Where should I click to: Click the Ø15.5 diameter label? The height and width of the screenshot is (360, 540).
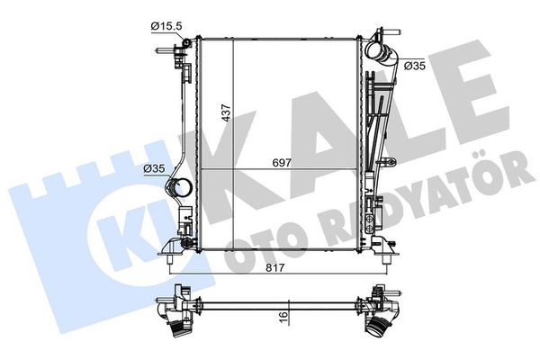pos(166,26)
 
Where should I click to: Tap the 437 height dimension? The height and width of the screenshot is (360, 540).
pos(226,112)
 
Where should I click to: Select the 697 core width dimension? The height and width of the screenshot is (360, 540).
pos(282,163)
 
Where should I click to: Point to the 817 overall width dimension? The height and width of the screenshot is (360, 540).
pos(275,267)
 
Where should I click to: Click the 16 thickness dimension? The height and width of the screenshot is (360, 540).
pos(283,315)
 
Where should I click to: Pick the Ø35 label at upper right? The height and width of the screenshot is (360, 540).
pos(415,66)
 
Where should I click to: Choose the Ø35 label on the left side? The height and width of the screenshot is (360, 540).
pos(154,168)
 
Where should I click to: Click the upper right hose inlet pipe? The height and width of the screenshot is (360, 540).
pos(381,53)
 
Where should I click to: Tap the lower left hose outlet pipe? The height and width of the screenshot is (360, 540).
pos(179,189)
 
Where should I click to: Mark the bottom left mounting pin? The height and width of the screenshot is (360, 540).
pos(169,260)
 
